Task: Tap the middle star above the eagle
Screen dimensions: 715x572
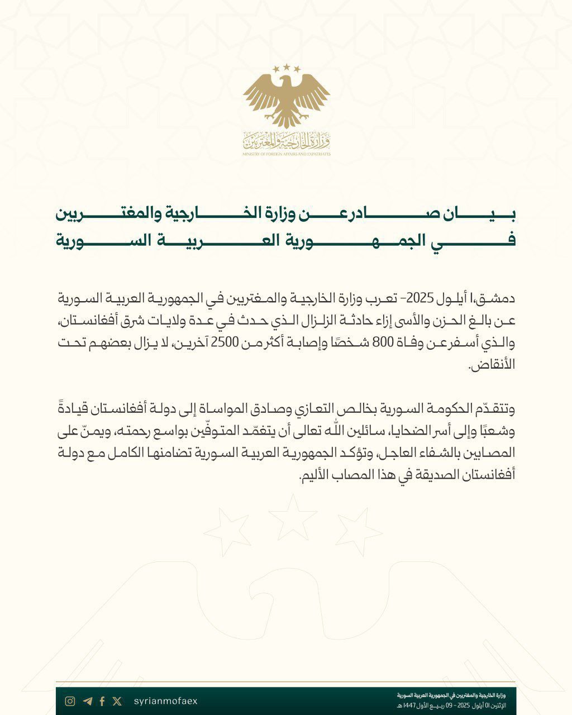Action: point(287,67)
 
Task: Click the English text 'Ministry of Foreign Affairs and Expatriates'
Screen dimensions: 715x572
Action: point(287,153)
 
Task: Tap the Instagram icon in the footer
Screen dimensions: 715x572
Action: point(70,702)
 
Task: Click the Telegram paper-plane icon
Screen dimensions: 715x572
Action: point(87,702)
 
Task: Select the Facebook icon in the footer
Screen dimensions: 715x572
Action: point(102,702)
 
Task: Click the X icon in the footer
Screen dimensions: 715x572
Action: point(117,702)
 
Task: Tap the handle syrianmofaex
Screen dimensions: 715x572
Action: point(166,702)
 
